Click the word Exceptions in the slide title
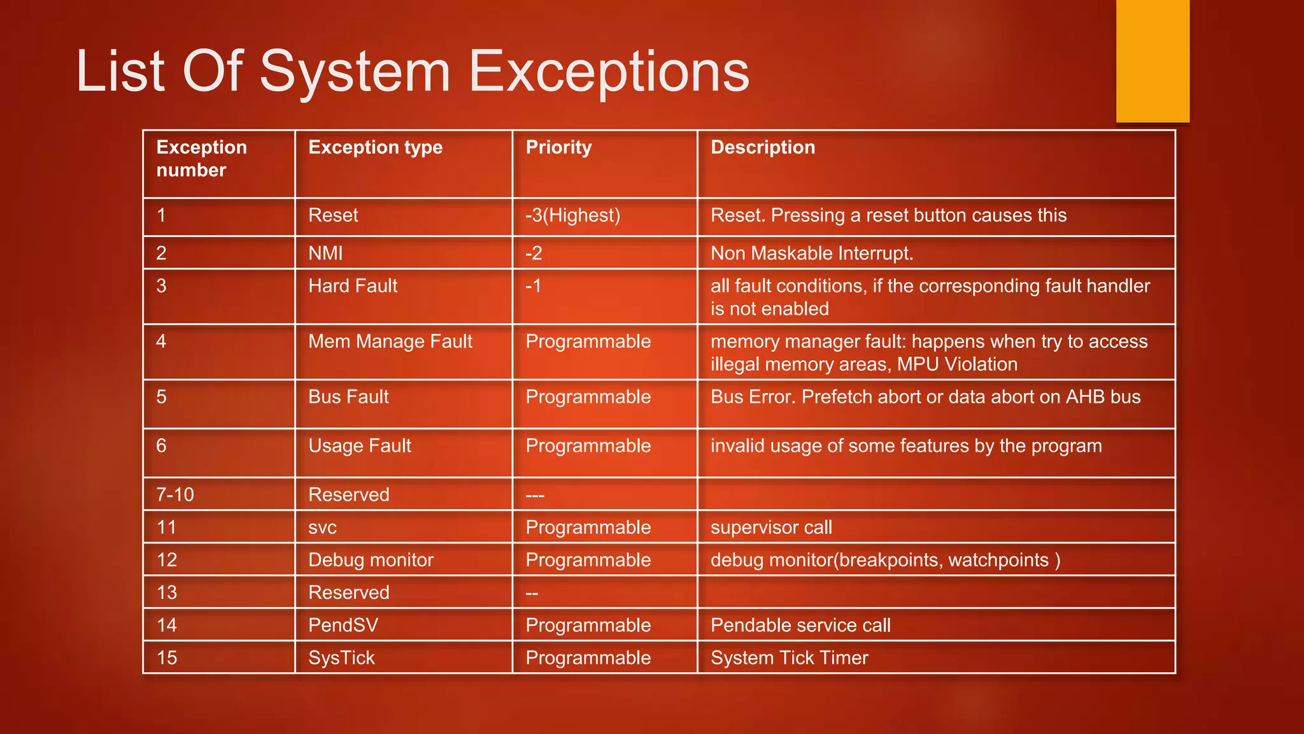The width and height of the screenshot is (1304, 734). [x=609, y=71]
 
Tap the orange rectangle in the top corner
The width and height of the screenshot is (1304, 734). [x=1152, y=61]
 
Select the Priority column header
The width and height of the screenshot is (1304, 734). [x=558, y=147]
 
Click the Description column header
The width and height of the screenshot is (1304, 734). [x=762, y=147]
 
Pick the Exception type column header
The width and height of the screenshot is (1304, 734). [x=375, y=147]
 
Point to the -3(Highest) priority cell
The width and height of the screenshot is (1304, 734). [x=572, y=215]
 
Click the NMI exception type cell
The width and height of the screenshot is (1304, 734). [x=325, y=253]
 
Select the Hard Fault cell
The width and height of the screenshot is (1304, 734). [x=353, y=286]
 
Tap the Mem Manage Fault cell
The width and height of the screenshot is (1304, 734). [x=390, y=342]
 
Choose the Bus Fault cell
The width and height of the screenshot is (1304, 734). [x=348, y=397]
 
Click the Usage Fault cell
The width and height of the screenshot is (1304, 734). [x=360, y=446]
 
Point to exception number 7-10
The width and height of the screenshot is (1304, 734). [x=175, y=494]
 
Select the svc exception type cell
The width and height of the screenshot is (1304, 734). [x=322, y=528]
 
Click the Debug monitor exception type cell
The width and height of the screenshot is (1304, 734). [x=371, y=560]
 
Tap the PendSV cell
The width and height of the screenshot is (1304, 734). [x=343, y=625]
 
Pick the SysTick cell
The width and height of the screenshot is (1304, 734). [x=341, y=658]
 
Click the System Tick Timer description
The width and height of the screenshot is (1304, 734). [x=789, y=658]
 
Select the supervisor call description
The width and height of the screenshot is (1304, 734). [x=771, y=528]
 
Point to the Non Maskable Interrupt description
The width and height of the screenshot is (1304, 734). [x=812, y=253]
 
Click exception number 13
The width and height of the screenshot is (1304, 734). [x=167, y=593]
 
